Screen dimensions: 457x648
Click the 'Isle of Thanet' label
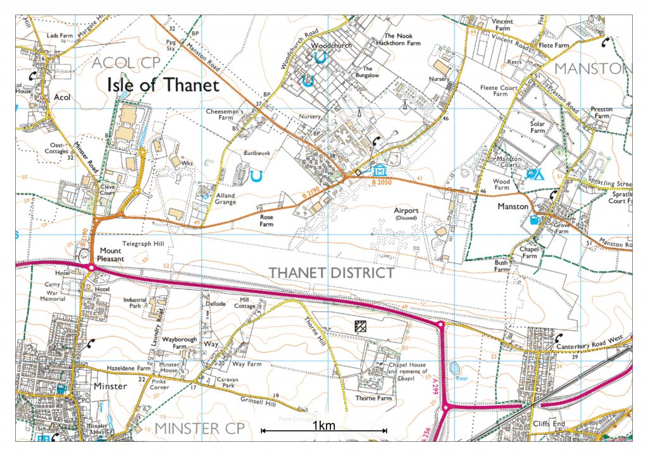tap(163, 84)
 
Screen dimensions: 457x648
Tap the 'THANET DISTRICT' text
tap(331, 273)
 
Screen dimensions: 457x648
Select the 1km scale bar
tap(324, 430)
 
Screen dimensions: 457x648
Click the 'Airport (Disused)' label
tap(407, 214)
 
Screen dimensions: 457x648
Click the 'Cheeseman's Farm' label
tap(225, 114)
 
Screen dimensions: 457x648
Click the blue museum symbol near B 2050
tap(379, 171)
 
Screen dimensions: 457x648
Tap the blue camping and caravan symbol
tap(535, 174)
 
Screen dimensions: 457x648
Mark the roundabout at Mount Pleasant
tap(92, 268)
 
